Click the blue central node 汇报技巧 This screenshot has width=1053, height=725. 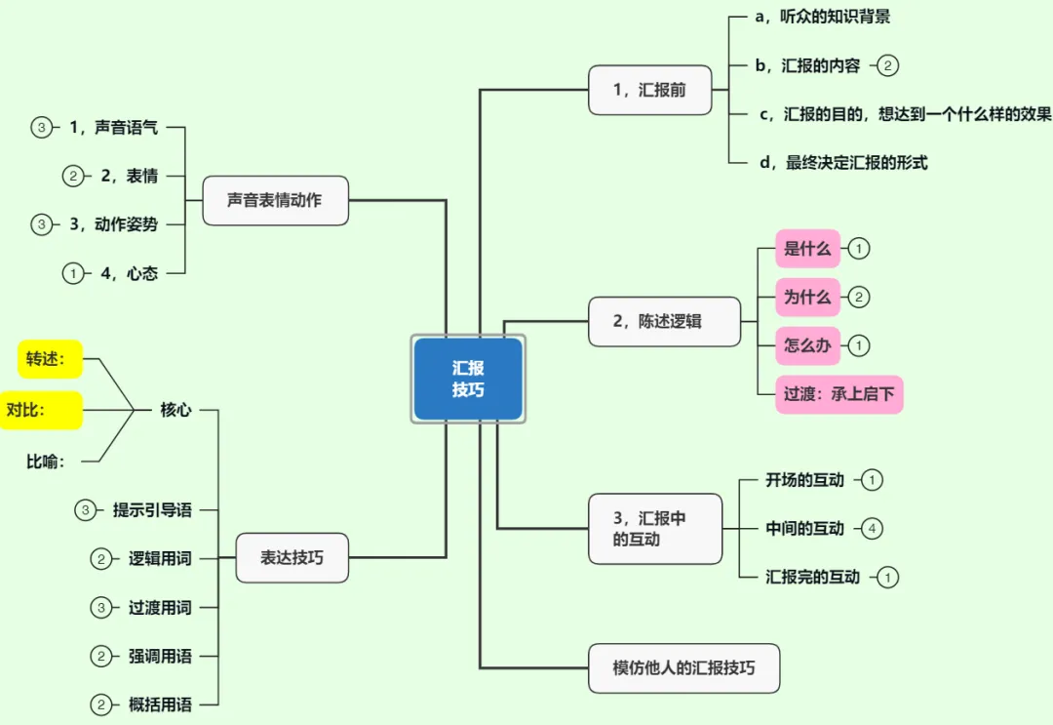[468, 380]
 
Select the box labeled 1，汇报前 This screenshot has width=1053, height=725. [649, 90]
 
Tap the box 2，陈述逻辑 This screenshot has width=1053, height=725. [664, 321]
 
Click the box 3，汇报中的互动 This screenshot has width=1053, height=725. [655, 529]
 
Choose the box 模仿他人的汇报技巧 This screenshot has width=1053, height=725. [683, 668]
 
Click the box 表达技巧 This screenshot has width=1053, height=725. [292, 558]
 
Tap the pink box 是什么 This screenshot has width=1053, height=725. [807, 249]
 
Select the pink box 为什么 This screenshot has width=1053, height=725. [807, 297]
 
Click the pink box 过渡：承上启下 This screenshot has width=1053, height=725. [838, 395]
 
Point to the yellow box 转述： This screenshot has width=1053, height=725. [50, 359]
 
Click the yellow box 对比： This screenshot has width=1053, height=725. [39, 410]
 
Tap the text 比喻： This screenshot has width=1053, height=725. [46, 462]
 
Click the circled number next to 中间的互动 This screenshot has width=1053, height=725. [873, 529]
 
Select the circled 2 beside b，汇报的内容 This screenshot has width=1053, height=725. [887, 66]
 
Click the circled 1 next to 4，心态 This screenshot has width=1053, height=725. [72, 274]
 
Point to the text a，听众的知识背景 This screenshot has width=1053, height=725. [823, 18]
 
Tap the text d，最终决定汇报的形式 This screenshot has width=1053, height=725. [843, 163]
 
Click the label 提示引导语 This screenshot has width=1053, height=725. [152, 509]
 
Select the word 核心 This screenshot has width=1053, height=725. [175, 410]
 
